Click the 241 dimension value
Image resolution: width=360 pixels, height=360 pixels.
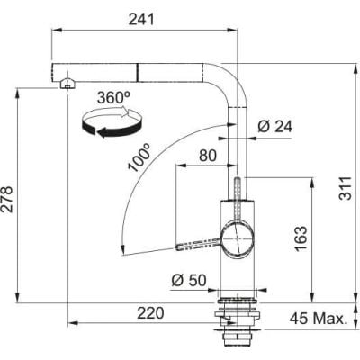coord(141,20)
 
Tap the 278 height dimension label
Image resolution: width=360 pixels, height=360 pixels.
coord(7,200)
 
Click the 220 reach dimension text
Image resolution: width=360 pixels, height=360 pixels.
coord(150,313)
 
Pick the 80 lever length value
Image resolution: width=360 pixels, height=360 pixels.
coord(208,156)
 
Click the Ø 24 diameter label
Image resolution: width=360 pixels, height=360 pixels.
coord(274,127)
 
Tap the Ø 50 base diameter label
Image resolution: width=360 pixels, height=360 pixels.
coord(189,281)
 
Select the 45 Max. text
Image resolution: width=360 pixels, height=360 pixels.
coord(319,319)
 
